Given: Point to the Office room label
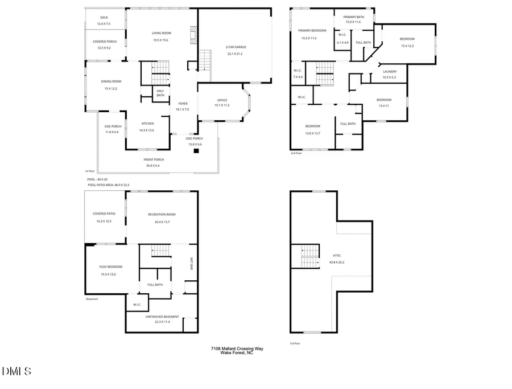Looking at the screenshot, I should [x=221, y=100].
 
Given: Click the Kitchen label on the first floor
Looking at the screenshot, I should [x=147, y=123].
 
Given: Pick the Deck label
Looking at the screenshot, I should [x=104, y=18].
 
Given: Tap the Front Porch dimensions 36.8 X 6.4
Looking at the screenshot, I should [x=154, y=166].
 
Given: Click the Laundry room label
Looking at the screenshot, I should [x=390, y=72].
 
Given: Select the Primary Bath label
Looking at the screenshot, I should [x=354, y=17].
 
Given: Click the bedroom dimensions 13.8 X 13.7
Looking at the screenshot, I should [x=312, y=133].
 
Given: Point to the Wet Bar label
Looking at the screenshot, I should [x=191, y=263].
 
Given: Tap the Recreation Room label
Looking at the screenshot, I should [x=162, y=214].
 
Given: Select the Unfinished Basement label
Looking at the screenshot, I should [x=162, y=317].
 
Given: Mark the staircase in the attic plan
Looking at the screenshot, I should [x=311, y=256].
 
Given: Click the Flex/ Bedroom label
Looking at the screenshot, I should [x=111, y=267].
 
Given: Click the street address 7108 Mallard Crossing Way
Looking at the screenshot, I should [x=237, y=349].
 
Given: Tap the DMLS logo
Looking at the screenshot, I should [x=16, y=371].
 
